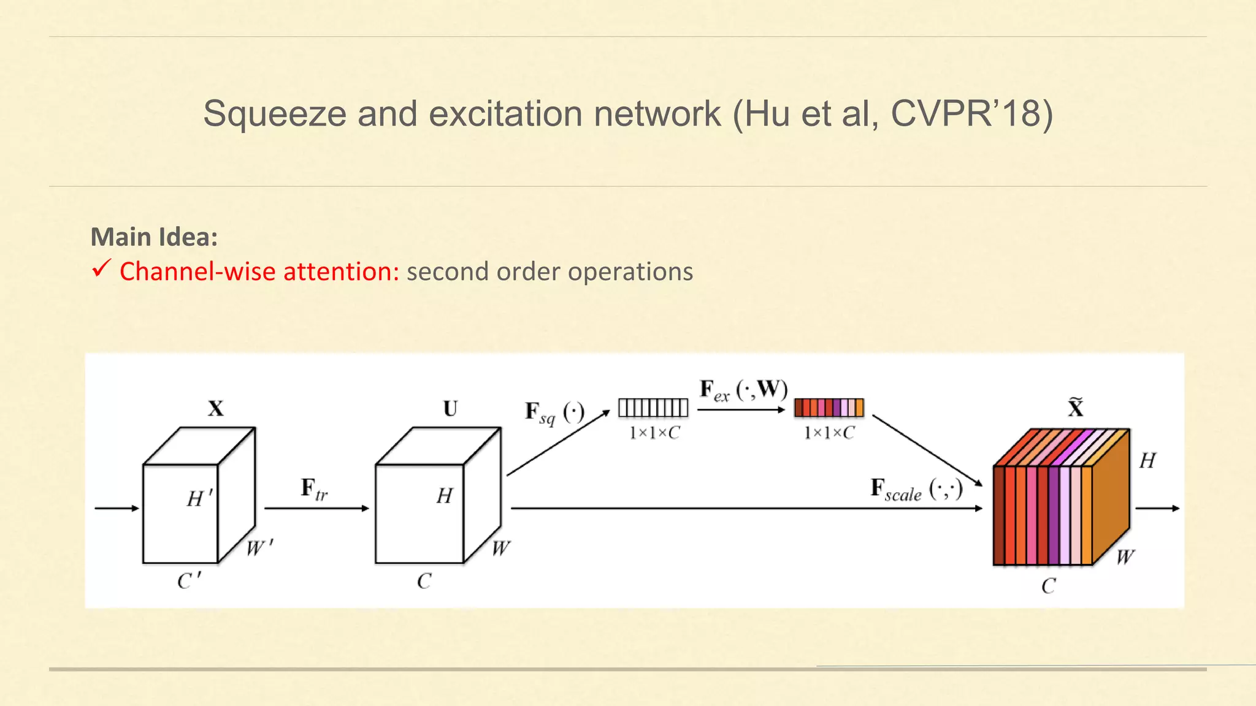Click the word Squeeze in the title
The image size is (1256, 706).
[x=275, y=114]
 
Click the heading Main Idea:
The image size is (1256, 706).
[x=154, y=237]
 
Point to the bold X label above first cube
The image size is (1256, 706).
[x=215, y=409]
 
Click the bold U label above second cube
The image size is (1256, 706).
[x=450, y=409]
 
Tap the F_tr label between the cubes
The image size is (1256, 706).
[x=314, y=490]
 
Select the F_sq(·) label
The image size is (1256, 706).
[x=554, y=413]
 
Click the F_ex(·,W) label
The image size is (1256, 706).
[x=743, y=390]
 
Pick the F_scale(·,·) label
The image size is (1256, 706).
[x=916, y=490]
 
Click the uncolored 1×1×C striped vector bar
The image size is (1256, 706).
[x=653, y=408]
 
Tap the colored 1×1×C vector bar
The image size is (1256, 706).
[x=829, y=408]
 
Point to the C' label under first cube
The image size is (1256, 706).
[x=189, y=580]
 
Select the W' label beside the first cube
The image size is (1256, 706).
[x=259, y=547]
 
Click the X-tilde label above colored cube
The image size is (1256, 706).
[x=1076, y=408]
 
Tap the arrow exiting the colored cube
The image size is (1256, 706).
[x=1157, y=508]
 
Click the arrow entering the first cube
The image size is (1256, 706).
[x=117, y=508]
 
